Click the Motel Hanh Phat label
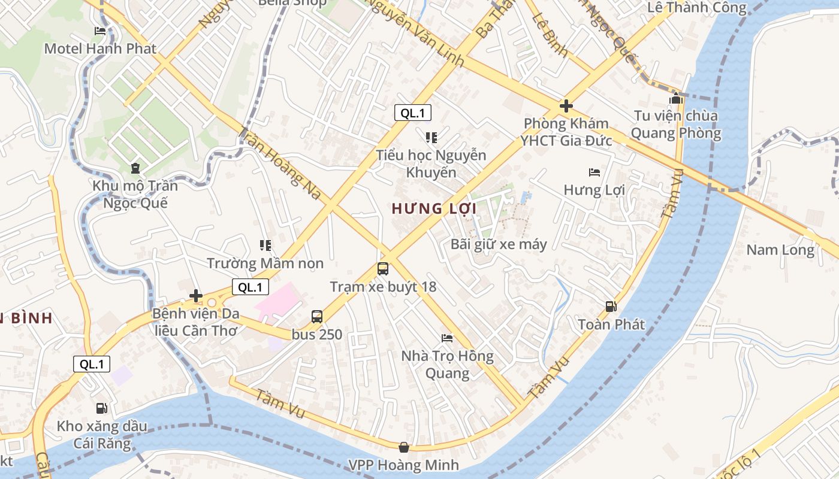100,48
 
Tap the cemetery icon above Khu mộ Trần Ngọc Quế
135,168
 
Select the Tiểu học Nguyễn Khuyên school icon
431,138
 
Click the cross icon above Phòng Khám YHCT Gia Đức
566,107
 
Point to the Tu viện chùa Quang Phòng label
676,124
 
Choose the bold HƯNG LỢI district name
434,209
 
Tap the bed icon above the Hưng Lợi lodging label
594,173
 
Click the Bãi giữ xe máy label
499,244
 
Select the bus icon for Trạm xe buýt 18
383,269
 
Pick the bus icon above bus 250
317,317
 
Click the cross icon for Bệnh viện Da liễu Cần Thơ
195,296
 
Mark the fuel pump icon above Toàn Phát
611,307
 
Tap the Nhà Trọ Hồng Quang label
447,365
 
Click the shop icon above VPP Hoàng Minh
404,447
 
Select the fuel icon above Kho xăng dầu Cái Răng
102,408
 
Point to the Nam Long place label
780,250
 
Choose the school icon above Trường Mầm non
265,245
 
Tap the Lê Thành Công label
697,8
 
